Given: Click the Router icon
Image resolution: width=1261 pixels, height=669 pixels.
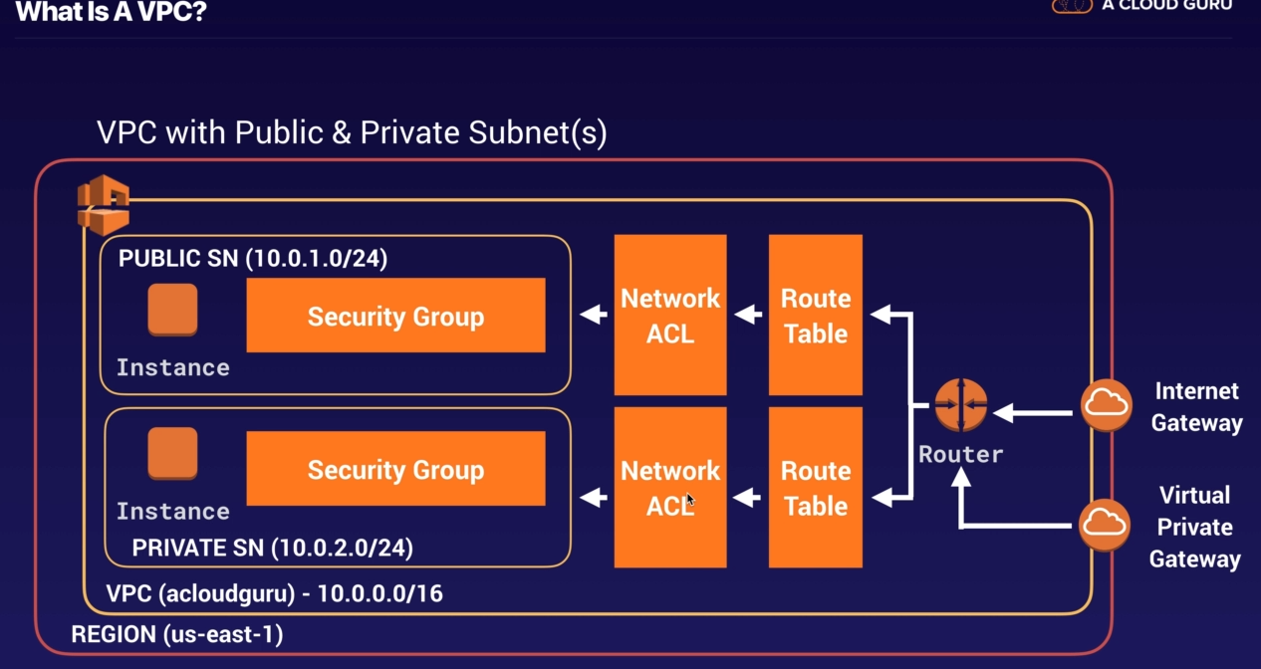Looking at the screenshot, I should (x=961, y=405).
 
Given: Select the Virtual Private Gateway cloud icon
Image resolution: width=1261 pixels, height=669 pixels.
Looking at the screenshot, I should (x=1105, y=524).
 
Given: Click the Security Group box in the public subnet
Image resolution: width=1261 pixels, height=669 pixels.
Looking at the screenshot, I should (x=395, y=316).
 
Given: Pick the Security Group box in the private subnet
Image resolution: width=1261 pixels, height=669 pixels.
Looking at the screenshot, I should (x=395, y=469).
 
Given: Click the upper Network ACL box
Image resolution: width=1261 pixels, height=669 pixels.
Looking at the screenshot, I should (x=669, y=315).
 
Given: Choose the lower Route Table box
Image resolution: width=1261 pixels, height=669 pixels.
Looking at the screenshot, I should (x=816, y=487).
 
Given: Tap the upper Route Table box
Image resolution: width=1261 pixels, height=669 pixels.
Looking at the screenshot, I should (x=816, y=315).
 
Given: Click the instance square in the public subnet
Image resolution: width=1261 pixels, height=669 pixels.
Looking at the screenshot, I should (x=172, y=310).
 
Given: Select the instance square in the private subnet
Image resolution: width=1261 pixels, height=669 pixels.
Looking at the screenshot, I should (x=172, y=454).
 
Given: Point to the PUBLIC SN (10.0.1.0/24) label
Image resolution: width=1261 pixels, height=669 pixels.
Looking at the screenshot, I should (x=253, y=259).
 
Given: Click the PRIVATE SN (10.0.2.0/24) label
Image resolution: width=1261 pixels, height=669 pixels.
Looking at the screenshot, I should (x=272, y=548).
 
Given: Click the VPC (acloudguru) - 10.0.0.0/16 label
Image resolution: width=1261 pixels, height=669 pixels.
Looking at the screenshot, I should (x=275, y=594).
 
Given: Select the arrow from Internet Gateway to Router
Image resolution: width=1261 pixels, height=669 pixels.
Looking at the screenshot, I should (x=1036, y=411).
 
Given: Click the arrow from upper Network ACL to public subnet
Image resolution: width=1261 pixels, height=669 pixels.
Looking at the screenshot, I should (x=594, y=315).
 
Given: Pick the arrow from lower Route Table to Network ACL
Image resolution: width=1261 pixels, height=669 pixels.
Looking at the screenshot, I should (x=747, y=494).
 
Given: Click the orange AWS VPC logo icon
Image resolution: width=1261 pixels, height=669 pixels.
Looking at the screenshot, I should (x=104, y=204).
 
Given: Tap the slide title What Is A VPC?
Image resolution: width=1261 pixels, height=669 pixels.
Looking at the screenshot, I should (x=112, y=13).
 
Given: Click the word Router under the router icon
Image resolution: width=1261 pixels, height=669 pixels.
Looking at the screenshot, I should (x=960, y=454).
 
